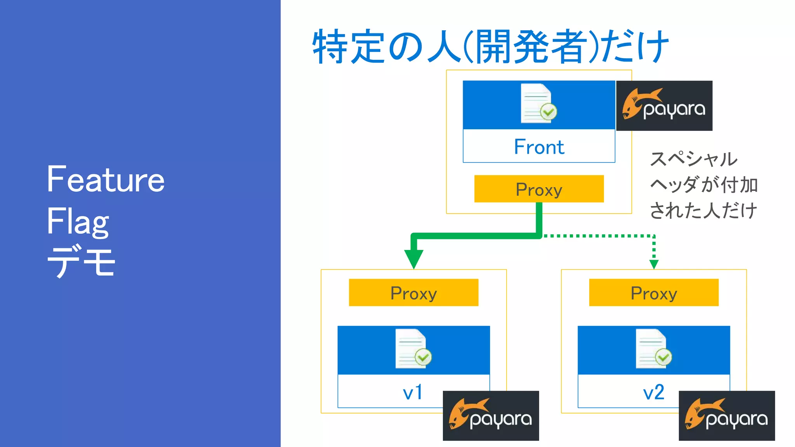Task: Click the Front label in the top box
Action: coord(539,147)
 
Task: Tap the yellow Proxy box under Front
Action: coord(539,189)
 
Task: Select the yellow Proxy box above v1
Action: coord(413,293)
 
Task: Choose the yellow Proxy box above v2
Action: coord(654,293)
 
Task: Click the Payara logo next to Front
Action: coord(664,106)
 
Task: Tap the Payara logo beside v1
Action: coord(491,416)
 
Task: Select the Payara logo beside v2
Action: coord(727,416)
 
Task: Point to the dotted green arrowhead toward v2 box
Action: coord(654,264)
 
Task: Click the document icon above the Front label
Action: coord(538,103)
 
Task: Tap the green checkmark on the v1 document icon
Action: coord(423,357)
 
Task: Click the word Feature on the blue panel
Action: coord(106,179)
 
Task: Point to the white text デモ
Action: coord(81,262)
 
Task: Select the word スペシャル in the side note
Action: coord(693,159)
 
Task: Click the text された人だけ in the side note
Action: coord(703,210)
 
